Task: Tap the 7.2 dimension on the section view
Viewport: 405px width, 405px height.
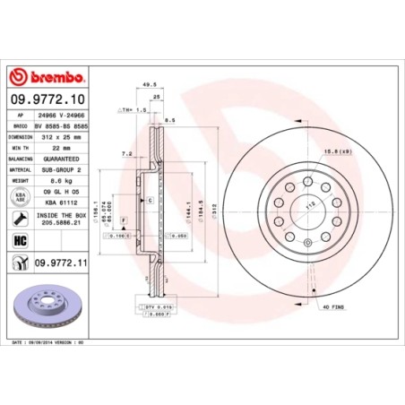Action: tap(128, 154)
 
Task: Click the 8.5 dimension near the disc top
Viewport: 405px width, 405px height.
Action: tap(169, 118)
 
